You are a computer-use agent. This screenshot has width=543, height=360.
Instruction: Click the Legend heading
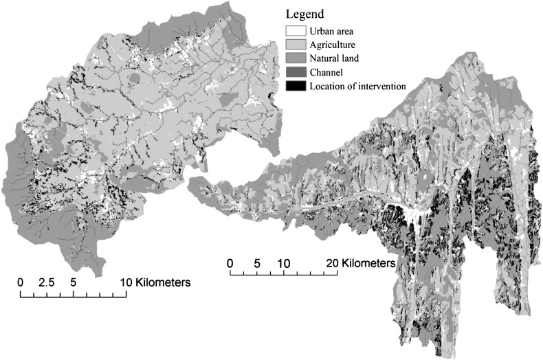pos(305,14)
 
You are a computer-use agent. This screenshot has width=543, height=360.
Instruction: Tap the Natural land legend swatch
pos(295,58)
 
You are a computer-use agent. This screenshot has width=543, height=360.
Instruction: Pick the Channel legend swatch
pos(295,72)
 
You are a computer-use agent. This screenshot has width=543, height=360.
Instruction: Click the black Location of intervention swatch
pos(295,86)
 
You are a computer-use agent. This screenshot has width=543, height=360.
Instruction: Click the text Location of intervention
pos(357,86)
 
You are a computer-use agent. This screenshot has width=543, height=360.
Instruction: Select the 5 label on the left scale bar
pos(73,282)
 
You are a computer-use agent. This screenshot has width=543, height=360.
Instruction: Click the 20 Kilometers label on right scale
pos(359,263)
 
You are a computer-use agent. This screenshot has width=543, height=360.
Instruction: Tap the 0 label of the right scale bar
pos(230,263)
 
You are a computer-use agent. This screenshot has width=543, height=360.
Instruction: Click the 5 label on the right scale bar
pos(257,263)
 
